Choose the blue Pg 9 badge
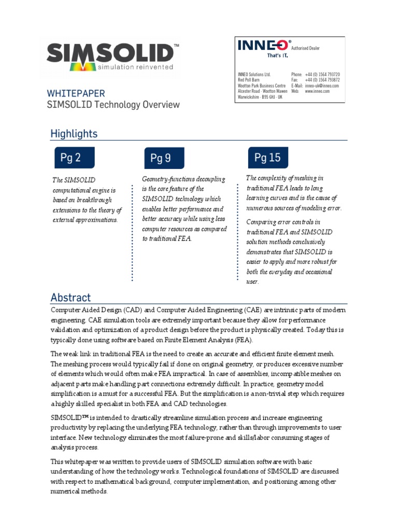pyautogui.click(x=161, y=158)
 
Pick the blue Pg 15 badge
pyautogui.click(x=267, y=157)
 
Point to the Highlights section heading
pyautogui.click(x=74, y=134)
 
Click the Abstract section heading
pyautogui.click(x=70, y=298)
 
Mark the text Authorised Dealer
pyautogui.click(x=305, y=48)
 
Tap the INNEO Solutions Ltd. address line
pyautogui.click(x=254, y=75)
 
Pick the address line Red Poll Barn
pyautogui.click(x=249, y=80)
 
